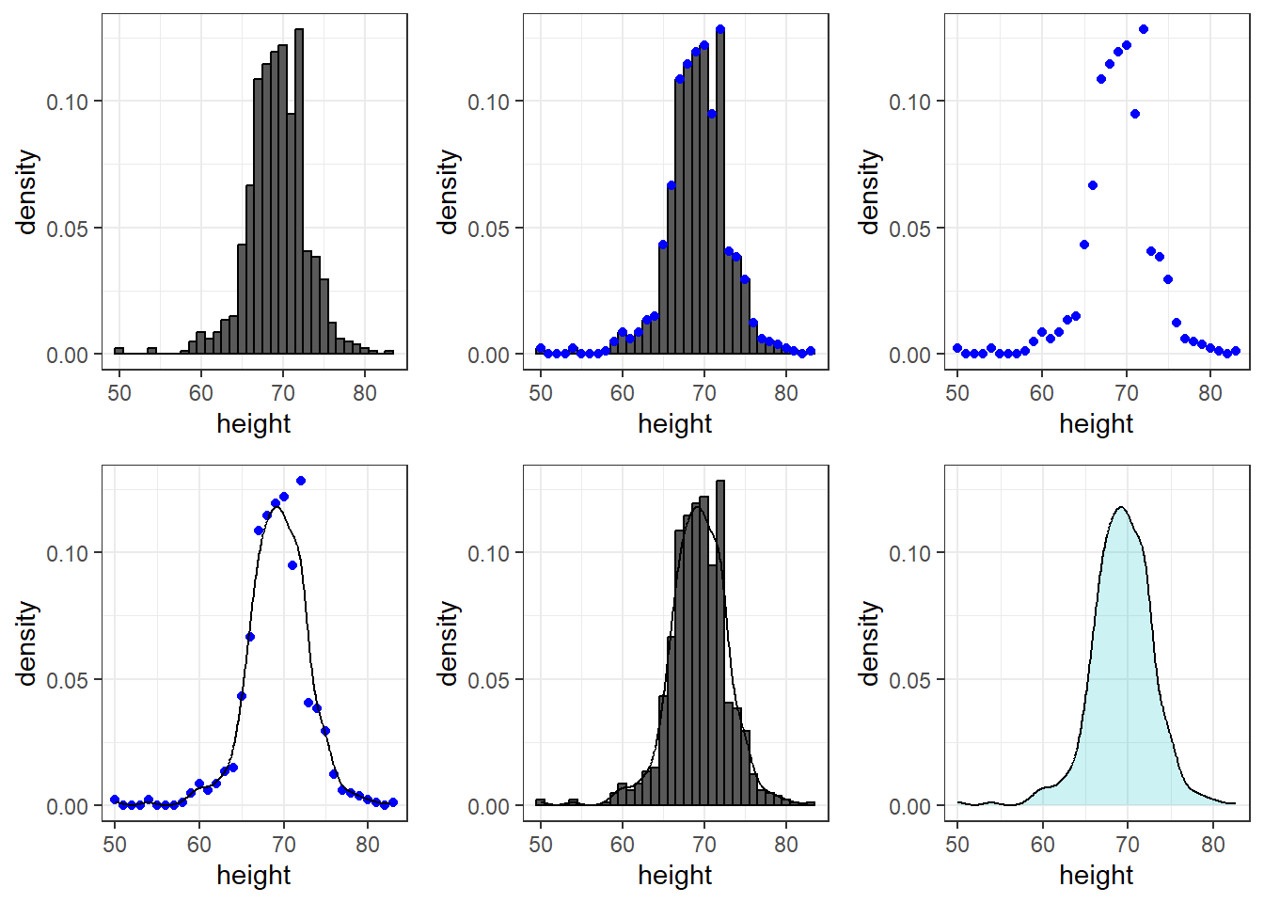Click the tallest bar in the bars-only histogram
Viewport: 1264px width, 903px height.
(x=299, y=188)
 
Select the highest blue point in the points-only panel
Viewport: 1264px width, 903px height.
(x=1144, y=29)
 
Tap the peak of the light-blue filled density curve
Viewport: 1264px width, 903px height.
(x=1121, y=508)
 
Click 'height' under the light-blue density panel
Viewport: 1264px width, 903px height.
(x=1096, y=875)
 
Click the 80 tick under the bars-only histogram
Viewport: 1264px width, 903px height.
(x=365, y=393)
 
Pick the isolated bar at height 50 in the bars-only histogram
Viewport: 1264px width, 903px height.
(x=118, y=351)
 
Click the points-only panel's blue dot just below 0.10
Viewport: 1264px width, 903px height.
(x=1135, y=114)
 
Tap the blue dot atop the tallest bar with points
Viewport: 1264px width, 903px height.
(x=720, y=29)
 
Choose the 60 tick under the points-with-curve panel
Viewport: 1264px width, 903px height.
(x=199, y=845)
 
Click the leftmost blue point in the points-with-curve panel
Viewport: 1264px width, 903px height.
(x=115, y=800)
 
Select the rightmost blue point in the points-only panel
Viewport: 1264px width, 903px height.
(x=1236, y=351)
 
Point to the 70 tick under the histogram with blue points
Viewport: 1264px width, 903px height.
(x=704, y=393)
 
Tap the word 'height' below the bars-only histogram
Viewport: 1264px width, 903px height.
(x=253, y=423)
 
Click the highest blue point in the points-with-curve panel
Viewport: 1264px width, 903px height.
(x=301, y=481)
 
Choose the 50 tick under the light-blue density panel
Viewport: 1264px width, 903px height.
(x=957, y=845)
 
